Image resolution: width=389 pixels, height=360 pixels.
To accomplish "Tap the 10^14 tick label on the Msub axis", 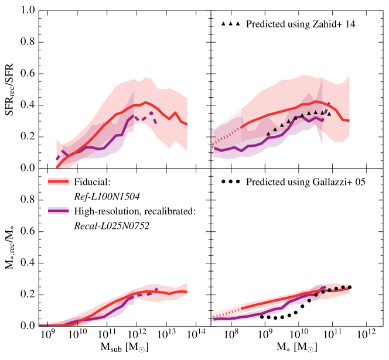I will tap(196, 337).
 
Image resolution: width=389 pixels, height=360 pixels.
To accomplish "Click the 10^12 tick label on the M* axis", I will tap(367, 337).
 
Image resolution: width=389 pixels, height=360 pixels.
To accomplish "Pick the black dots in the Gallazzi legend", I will tap(231, 182).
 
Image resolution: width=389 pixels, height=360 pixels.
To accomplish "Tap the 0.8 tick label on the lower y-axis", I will tap(25, 200).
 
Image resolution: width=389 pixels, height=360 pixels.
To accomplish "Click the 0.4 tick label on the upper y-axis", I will tap(25, 105).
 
